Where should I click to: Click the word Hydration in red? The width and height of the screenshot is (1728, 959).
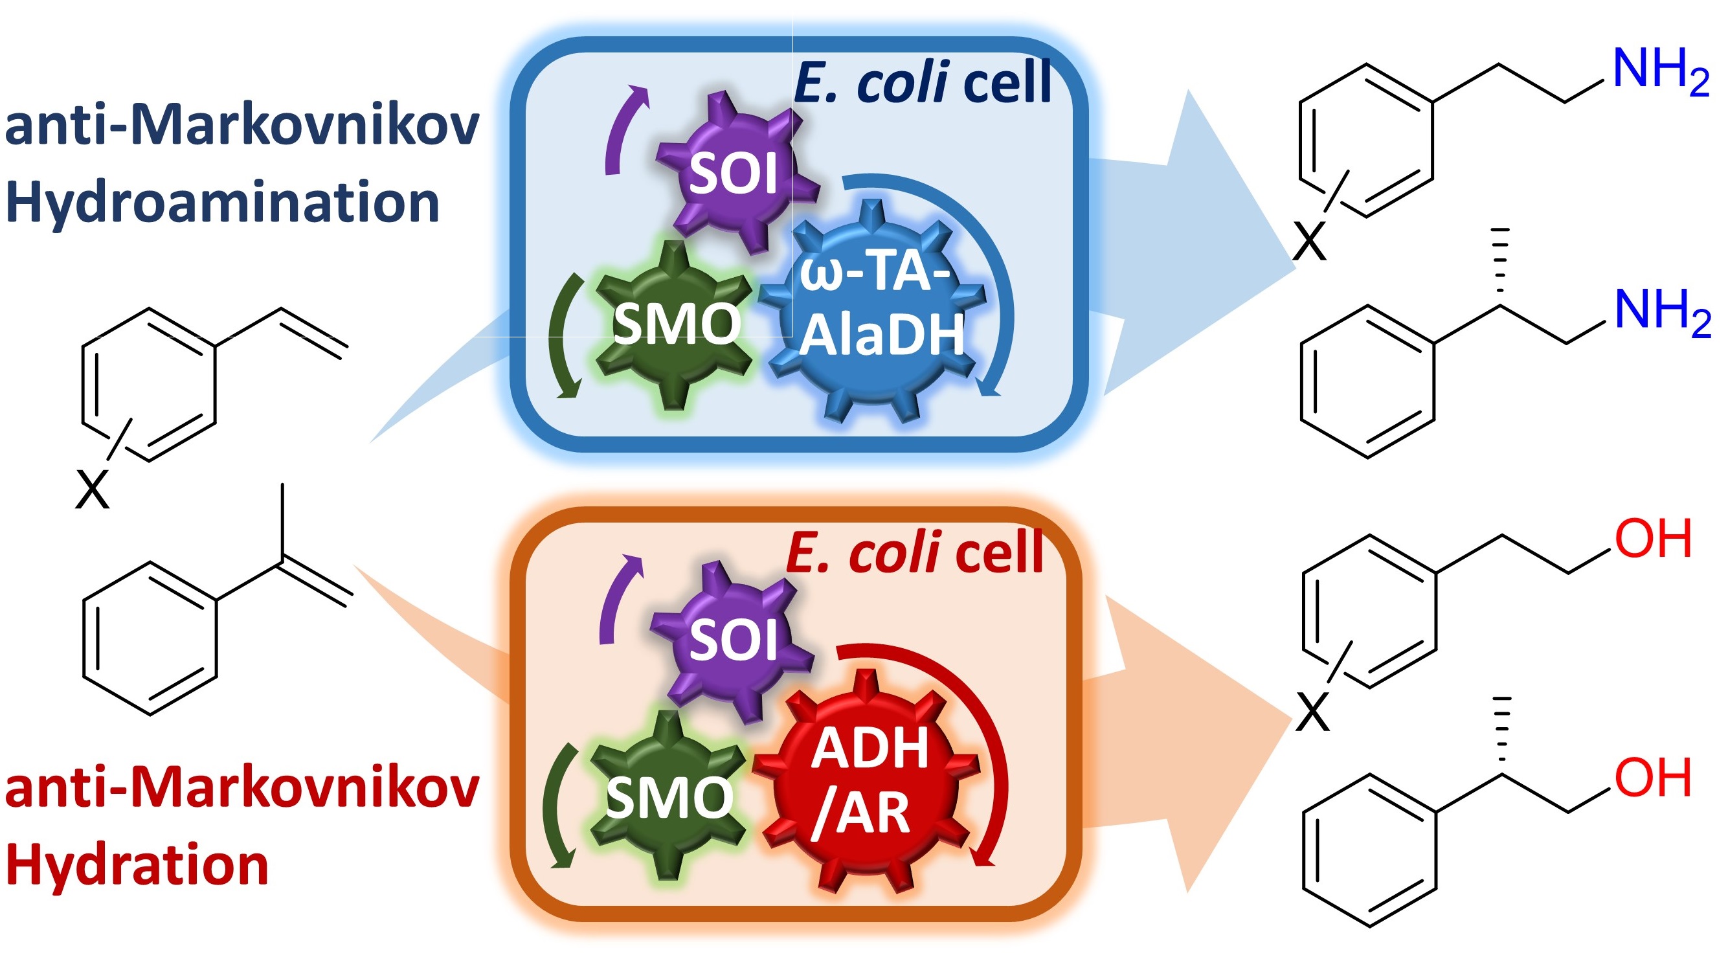tap(137, 866)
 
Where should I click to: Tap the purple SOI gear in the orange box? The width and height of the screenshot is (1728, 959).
tap(732, 640)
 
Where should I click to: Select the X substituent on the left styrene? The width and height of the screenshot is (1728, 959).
tap(92, 491)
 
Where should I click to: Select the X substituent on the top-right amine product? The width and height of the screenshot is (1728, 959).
tap(1308, 242)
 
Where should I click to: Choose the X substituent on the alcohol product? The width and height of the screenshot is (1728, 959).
tap(1312, 713)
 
